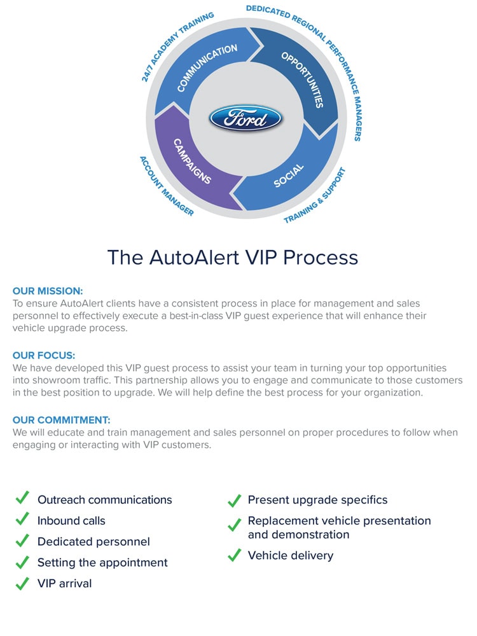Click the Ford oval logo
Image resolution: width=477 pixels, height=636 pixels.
coord(245,119)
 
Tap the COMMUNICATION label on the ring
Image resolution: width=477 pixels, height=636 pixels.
coord(207,67)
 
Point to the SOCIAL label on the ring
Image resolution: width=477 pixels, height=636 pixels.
coord(289,176)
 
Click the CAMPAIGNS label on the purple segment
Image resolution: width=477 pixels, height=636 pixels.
coord(192,162)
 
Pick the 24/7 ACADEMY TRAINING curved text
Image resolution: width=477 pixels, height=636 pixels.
coord(176,45)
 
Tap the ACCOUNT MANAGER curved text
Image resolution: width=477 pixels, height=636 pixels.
coord(166,185)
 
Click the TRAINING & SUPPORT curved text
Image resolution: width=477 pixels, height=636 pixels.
coord(315,195)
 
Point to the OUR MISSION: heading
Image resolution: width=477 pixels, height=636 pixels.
coord(48,291)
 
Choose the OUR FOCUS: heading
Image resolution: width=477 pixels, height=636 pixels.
coord(44,356)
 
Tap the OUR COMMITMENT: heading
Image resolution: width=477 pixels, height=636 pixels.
coord(62,420)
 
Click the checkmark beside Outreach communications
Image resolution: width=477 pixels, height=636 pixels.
coord(22,498)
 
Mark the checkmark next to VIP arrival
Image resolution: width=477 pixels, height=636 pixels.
coord(22,583)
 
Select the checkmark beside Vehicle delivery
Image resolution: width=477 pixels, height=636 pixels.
coord(234,555)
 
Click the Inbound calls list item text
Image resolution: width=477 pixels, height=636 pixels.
coord(71,520)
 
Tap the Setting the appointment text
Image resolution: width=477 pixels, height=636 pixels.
coord(102,562)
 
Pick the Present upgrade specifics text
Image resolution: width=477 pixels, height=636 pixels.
coord(317,500)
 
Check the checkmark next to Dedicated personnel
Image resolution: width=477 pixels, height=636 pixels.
coord(22,541)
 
